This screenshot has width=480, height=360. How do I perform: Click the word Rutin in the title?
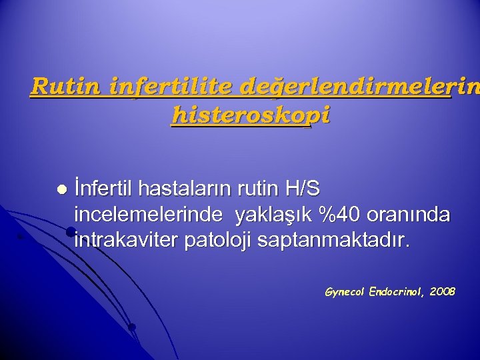click(60, 87)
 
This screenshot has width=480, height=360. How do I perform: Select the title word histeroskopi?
click(250, 115)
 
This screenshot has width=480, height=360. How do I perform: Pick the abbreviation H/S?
click(301, 190)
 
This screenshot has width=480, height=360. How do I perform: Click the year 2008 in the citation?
click(443, 291)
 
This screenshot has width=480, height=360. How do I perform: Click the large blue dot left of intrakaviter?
click(70, 231)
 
